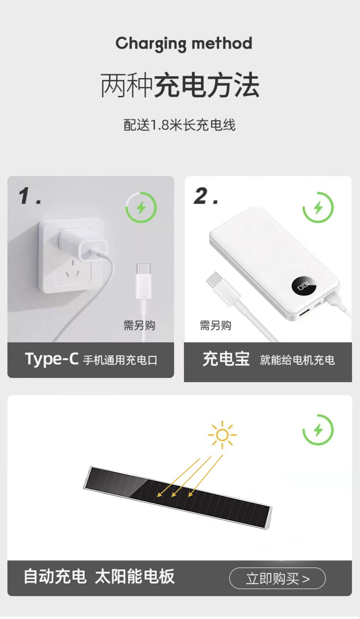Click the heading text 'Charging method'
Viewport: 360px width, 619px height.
coord(184,44)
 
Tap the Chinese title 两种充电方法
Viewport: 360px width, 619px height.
coord(180,85)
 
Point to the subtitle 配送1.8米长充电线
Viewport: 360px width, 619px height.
coord(180,125)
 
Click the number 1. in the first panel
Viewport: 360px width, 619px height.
coord(30,196)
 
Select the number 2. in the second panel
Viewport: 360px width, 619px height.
coord(206,196)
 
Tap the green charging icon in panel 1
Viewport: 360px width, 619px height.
coord(141,207)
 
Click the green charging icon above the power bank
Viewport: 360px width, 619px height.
coord(318,207)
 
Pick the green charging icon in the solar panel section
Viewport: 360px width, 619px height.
coord(318,430)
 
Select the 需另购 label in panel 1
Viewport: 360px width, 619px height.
coord(139,325)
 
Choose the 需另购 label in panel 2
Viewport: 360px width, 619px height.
coord(216,325)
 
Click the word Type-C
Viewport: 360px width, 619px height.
coord(52,359)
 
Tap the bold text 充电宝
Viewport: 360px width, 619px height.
coord(226,359)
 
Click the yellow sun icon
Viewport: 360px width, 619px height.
coord(222,435)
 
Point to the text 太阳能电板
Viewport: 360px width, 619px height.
coord(135,576)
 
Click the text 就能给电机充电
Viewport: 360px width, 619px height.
coord(297,360)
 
